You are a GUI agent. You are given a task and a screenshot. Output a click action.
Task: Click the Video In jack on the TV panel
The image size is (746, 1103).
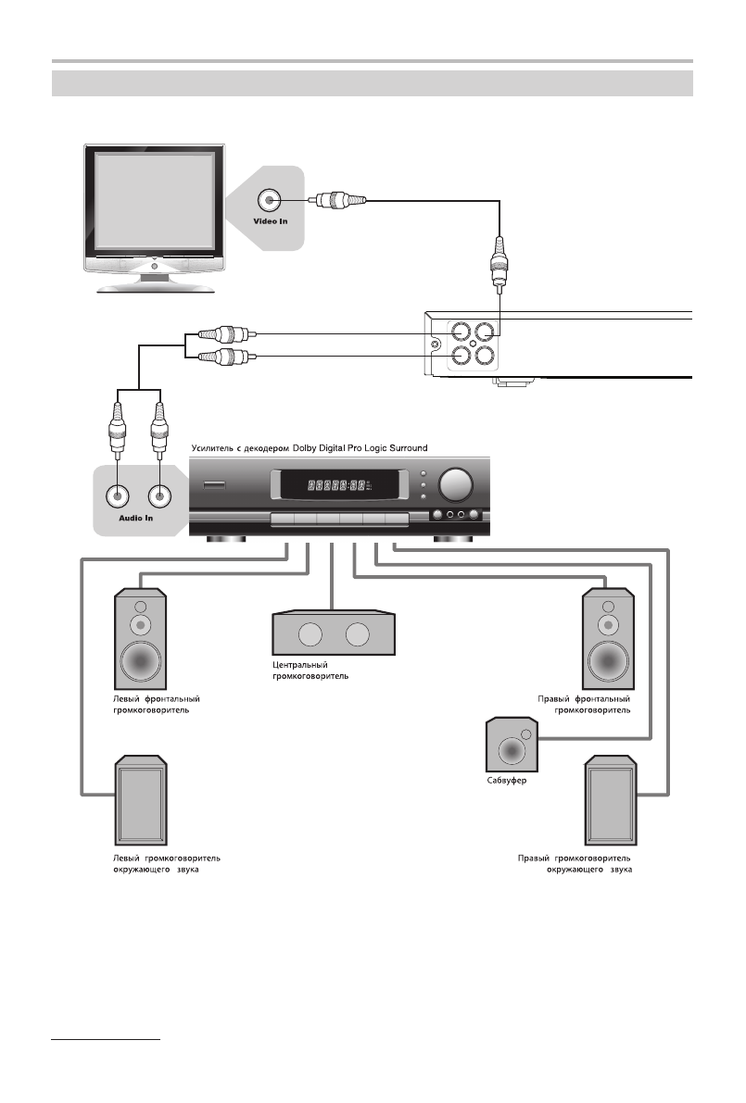(x=270, y=199)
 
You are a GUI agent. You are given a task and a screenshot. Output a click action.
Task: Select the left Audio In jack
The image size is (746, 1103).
(x=117, y=495)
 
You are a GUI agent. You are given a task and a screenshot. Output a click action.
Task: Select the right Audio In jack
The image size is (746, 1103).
(x=160, y=495)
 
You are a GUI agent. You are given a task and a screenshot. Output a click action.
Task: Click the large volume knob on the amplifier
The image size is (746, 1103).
(x=454, y=485)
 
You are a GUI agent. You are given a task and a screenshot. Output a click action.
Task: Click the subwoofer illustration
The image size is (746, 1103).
(x=509, y=746)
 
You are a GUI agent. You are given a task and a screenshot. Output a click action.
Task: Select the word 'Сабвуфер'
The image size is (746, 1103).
(x=506, y=781)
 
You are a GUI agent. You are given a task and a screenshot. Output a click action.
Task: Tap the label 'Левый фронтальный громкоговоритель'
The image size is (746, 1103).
(x=151, y=705)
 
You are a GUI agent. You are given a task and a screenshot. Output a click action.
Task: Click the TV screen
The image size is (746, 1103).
(x=154, y=201)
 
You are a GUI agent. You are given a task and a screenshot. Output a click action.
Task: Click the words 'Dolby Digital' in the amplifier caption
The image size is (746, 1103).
(x=329, y=448)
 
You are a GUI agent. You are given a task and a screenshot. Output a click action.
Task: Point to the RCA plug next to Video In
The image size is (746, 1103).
(x=336, y=199)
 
